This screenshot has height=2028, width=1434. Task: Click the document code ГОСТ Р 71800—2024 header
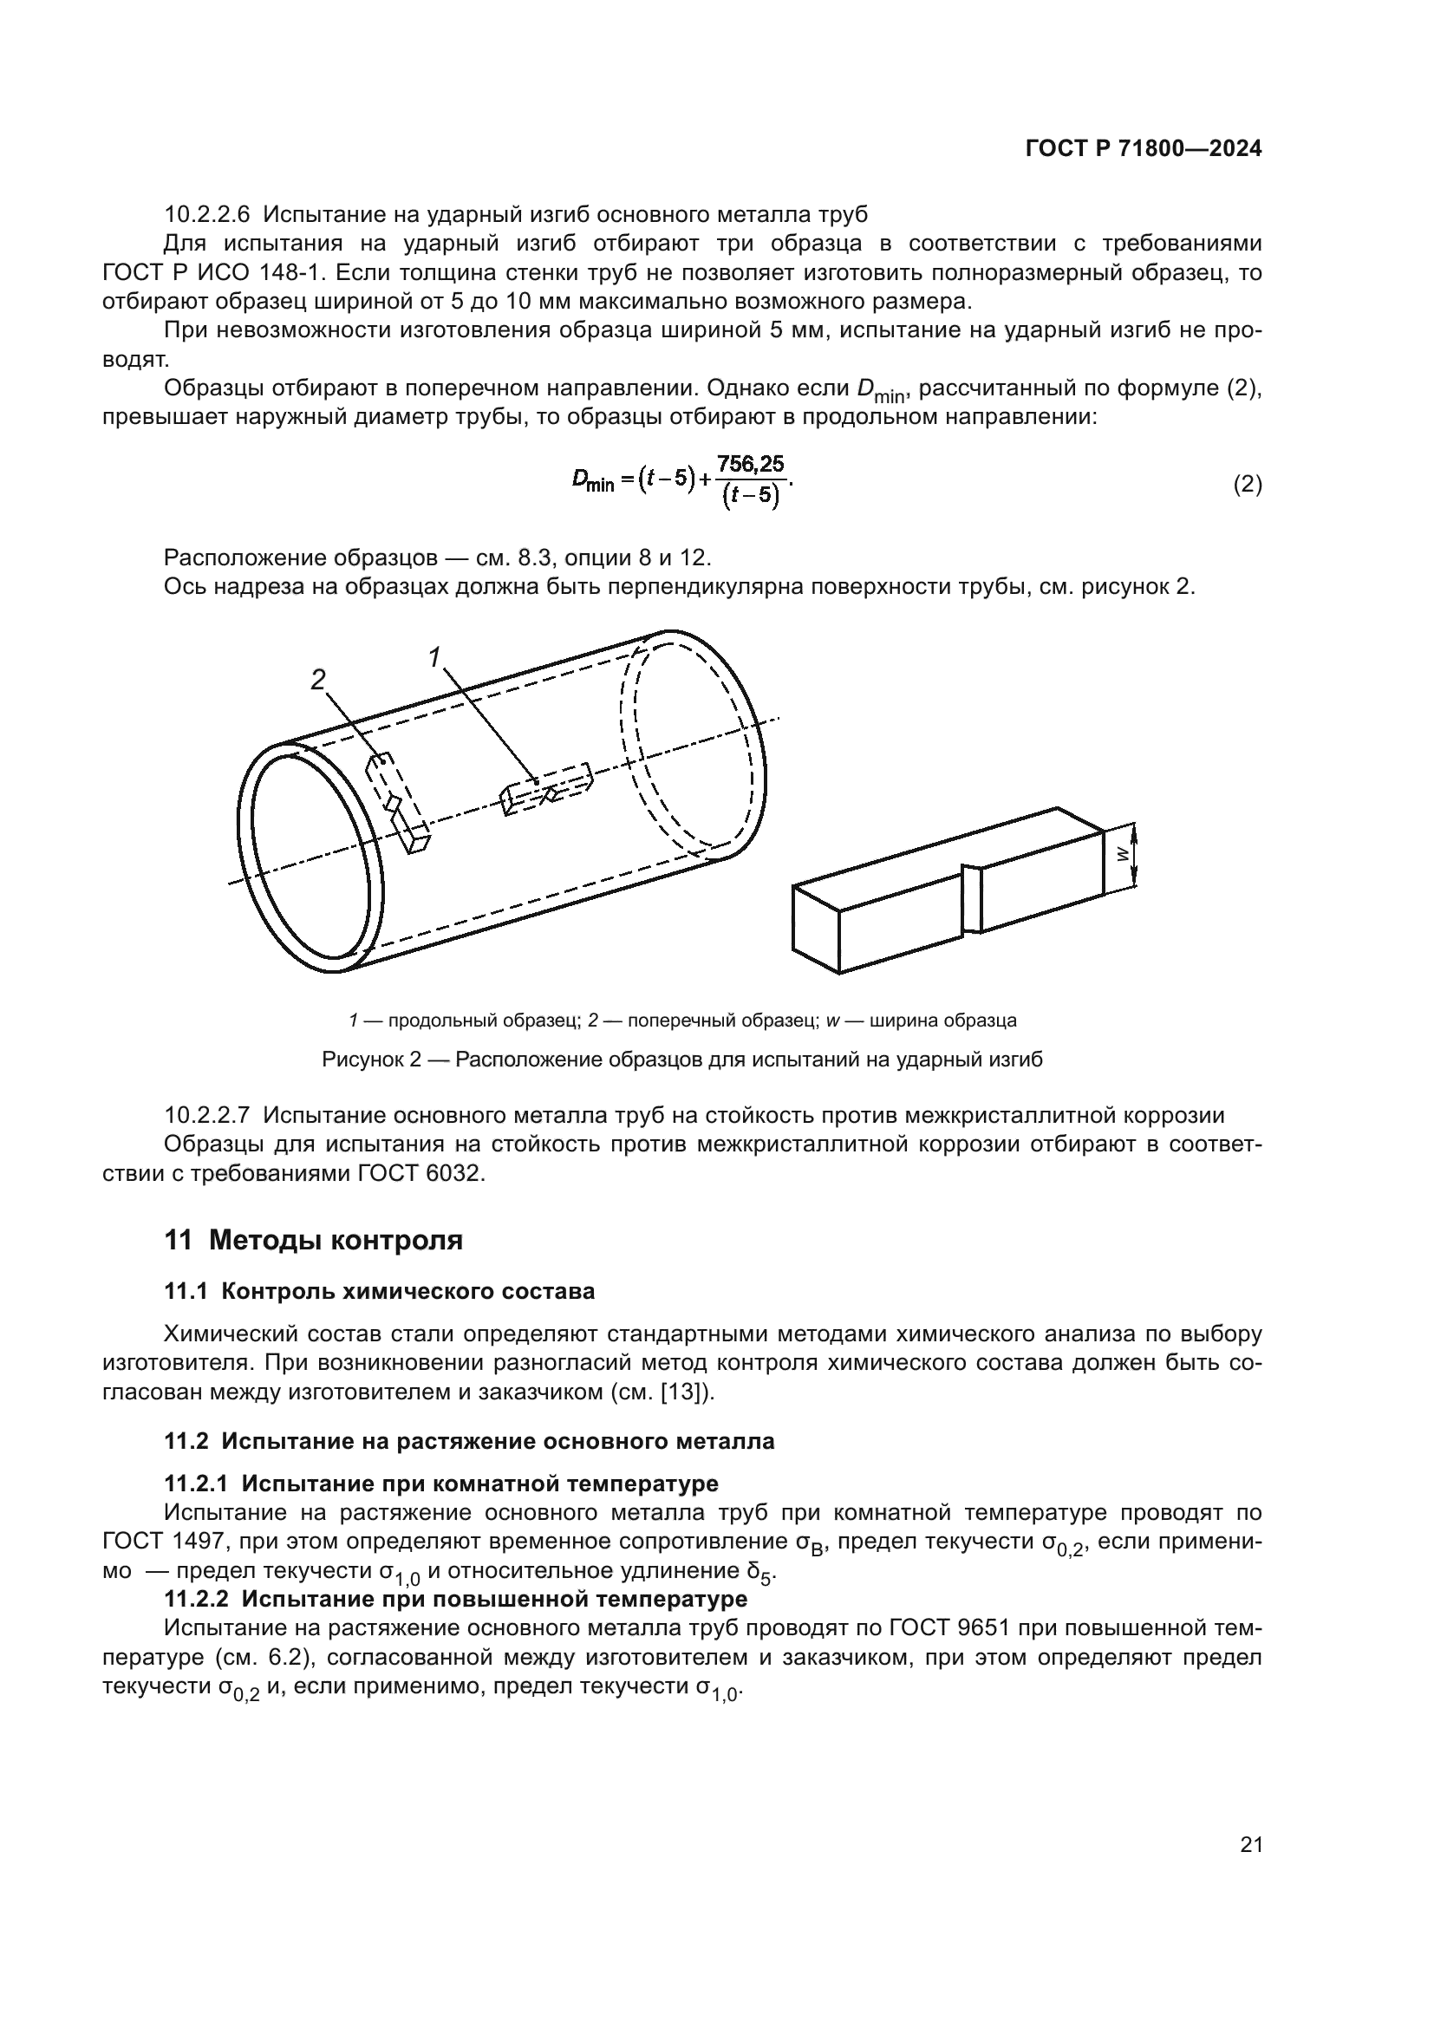[1143, 149]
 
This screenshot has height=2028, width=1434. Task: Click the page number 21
[1250, 1845]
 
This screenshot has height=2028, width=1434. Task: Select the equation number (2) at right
[1247, 485]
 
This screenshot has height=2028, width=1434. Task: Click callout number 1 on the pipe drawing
[433, 657]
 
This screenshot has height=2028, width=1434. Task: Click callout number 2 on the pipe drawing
[318, 679]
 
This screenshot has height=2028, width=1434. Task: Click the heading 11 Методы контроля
[314, 1240]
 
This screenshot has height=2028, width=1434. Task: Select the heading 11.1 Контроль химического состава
[380, 1291]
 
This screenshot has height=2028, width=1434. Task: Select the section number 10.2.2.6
[207, 215]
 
